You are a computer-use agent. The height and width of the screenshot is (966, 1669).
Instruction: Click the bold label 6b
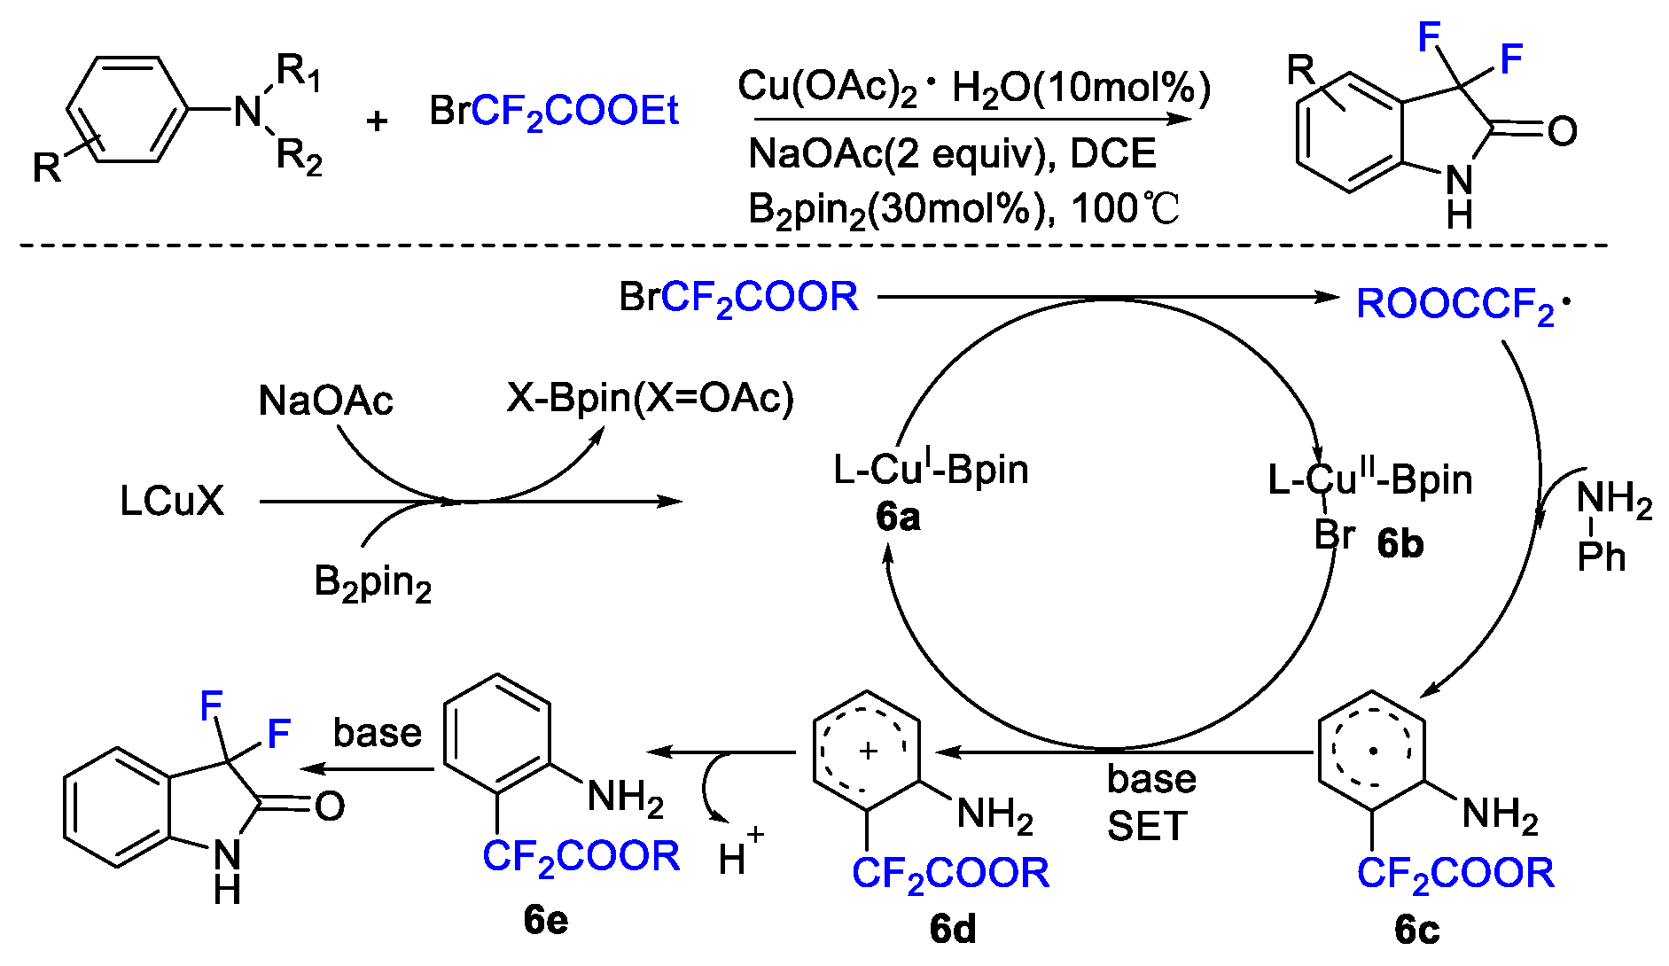[1400, 542]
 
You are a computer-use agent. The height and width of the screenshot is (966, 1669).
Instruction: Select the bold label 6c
[1416, 929]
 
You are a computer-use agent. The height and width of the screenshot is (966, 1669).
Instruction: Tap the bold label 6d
[953, 929]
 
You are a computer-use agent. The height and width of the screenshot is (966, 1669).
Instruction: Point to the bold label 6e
[545, 920]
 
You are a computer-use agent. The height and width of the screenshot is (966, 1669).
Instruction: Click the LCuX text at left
[172, 502]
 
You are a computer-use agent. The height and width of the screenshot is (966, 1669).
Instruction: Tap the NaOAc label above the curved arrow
[325, 401]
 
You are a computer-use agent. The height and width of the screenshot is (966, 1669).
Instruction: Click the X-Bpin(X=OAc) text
[650, 398]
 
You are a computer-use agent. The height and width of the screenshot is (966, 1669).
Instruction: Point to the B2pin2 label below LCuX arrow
[372, 583]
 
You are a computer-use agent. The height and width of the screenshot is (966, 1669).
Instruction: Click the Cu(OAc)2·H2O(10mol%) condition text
[973, 88]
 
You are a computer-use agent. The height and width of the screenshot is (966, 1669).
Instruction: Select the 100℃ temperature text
[1126, 209]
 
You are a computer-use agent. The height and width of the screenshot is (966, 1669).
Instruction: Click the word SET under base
[1146, 827]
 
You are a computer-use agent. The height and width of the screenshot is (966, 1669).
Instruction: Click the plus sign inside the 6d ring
[868, 751]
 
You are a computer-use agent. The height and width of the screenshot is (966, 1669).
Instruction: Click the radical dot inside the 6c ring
[1373, 751]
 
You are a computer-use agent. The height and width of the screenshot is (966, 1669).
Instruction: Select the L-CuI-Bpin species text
[931, 470]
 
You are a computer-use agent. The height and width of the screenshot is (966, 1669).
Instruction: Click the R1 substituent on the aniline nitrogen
[298, 71]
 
